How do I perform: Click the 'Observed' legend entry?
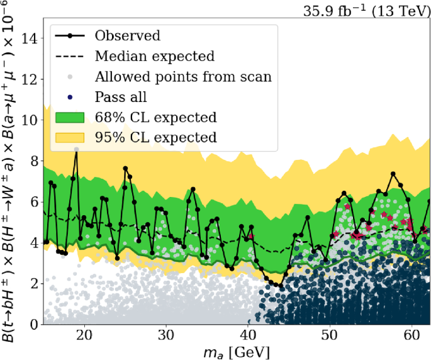tap(127, 36)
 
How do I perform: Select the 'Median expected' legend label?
tap(154, 57)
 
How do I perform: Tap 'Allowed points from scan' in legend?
tap(183, 77)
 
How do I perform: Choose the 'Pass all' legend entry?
tap(121, 98)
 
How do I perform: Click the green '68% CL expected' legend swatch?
tap(72, 118)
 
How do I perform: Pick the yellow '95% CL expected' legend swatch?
tap(72, 138)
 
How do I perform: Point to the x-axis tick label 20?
tap(84, 334)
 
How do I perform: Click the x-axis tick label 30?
tap(165, 334)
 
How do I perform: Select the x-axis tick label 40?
tap(247, 334)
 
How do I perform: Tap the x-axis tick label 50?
tap(329, 334)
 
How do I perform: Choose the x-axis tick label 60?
tap(411, 334)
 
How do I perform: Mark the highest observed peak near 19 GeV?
tap(76, 149)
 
